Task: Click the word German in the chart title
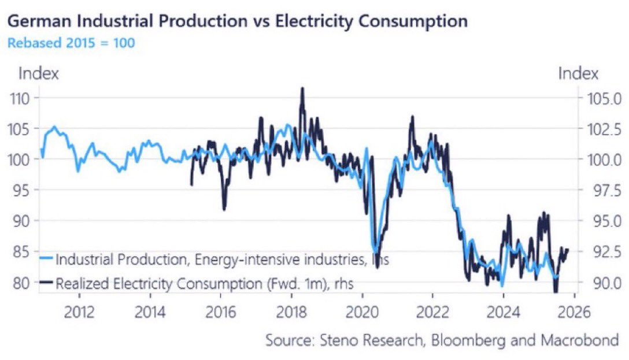click(x=39, y=21)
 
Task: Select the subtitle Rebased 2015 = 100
click(x=71, y=43)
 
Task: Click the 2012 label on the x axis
click(x=79, y=312)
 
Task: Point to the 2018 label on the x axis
click(x=291, y=312)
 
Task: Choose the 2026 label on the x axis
click(x=575, y=312)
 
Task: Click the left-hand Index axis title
click(x=39, y=73)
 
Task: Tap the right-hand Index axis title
click(x=578, y=73)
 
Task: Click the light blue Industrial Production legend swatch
click(x=46, y=258)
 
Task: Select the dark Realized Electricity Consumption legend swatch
click(x=46, y=282)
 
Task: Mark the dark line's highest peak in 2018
click(x=302, y=88)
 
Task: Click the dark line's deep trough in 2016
click(x=224, y=209)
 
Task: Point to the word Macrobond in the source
click(x=580, y=340)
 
